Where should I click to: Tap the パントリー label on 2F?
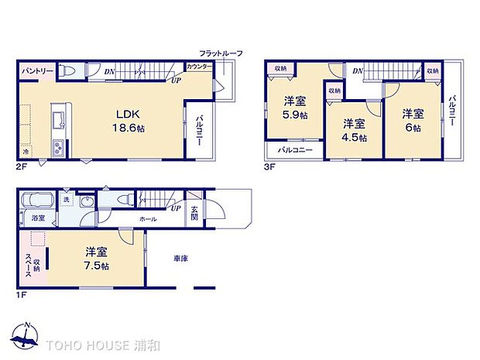[x=37, y=71]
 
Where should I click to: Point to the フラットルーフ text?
[x=221, y=53]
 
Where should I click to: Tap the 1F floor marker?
[x=21, y=295]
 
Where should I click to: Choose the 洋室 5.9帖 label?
[x=294, y=108]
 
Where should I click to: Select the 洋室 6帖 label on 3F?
[x=411, y=121]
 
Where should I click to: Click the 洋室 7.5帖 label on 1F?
[x=96, y=259]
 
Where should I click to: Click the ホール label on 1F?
[x=148, y=219]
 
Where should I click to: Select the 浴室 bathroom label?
[x=38, y=218]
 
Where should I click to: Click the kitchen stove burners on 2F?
[x=57, y=146]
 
